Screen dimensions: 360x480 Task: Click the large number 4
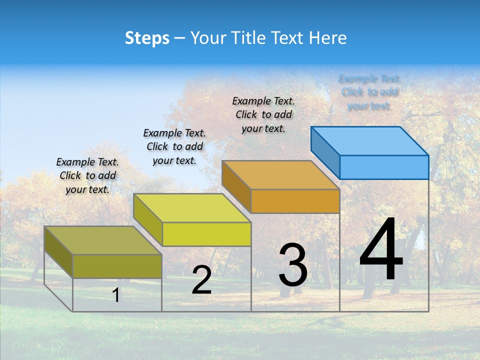[x=381, y=250]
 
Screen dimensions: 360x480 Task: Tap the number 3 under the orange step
[x=293, y=265]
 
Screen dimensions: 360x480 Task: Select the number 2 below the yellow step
[x=201, y=280]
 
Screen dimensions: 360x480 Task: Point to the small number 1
[x=115, y=295]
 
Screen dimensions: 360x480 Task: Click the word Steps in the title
[x=147, y=38]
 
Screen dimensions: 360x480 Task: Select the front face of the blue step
[x=384, y=167]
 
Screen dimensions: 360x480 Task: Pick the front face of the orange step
[x=295, y=201]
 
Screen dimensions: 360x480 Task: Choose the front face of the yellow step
[x=206, y=234]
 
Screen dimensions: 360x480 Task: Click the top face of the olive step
[x=103, y=240]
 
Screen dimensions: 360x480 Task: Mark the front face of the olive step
[x=117, y=266]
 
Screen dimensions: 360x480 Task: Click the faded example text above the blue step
[x=369, y=92]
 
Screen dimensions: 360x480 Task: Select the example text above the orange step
[x=263, y=114]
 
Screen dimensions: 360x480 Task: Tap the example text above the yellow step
[x=174, y=146]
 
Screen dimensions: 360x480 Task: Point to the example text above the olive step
[x=87, y=175]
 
